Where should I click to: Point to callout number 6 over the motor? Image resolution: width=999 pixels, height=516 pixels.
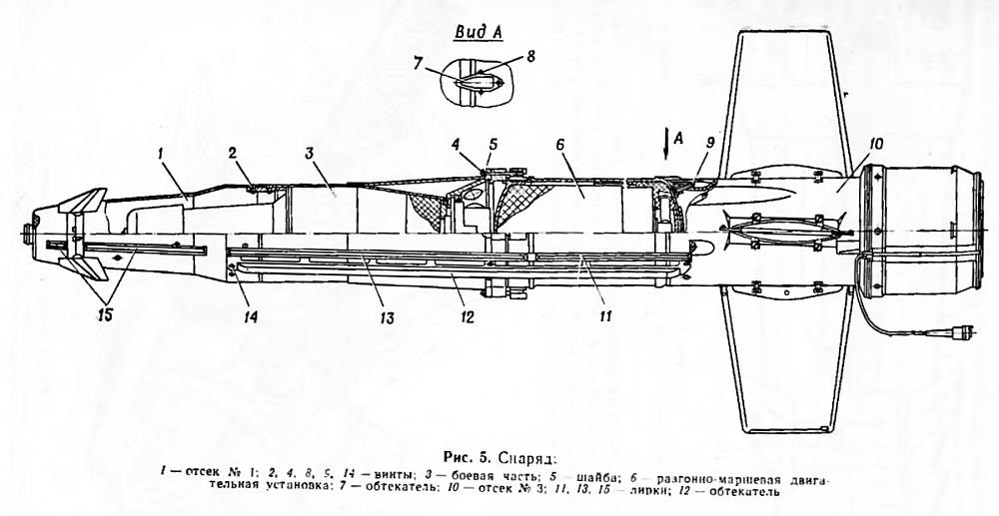[x=562, y=145]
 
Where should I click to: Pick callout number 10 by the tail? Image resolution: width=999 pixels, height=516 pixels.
[x=875, y=145]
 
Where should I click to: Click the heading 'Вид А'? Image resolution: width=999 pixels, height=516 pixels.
[x=477, y=31]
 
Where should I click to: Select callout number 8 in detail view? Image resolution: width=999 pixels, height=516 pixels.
[x=531, y=57]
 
